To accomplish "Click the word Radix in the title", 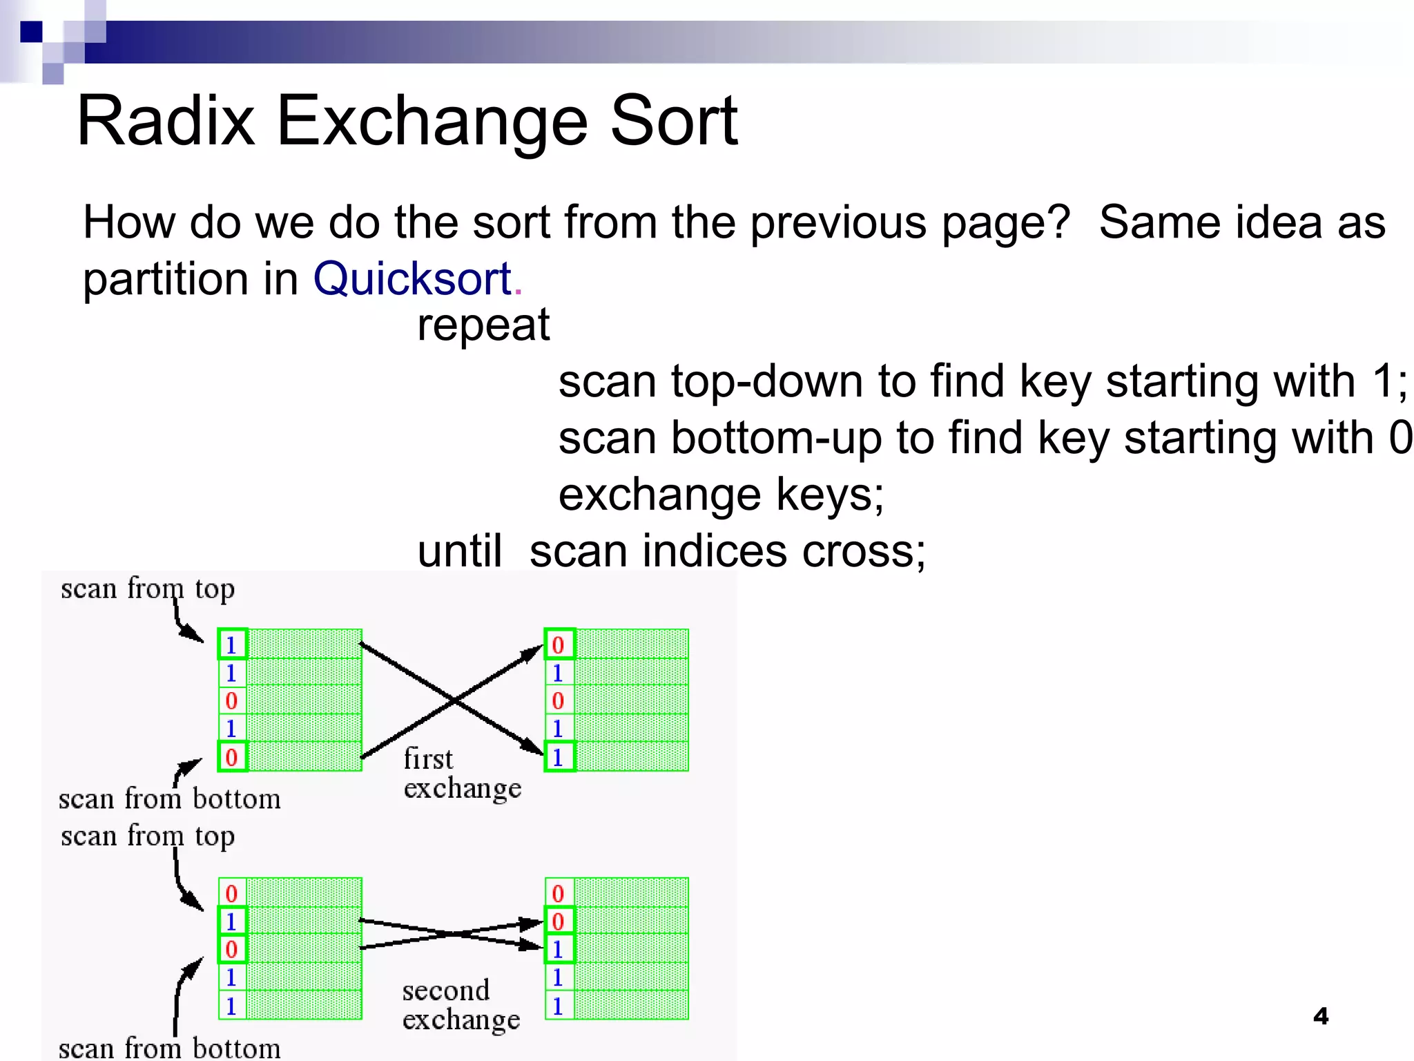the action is click(166, 122).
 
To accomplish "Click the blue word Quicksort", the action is click(412, 279).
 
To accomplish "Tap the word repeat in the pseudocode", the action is click(483, 325).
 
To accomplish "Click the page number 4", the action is click(1320, 1016).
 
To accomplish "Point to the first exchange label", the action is click(461, 774).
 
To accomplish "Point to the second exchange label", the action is click(461, 1005).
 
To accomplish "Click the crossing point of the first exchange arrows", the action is click(454, 700).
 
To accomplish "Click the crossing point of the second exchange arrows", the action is click(452, 934).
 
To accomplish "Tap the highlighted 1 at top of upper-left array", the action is click(232, 644).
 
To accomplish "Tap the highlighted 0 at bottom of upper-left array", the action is click(232, 757).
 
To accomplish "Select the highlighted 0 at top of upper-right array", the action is click(559, 644).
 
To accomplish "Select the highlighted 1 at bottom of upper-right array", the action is click(559, 757).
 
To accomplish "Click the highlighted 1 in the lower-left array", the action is click(232, 921).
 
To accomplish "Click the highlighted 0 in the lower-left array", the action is click(232, 949).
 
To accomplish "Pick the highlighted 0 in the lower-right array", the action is click(559, 921).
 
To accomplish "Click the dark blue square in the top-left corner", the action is click(31, 32).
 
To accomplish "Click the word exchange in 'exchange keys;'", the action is click(659, 495).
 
